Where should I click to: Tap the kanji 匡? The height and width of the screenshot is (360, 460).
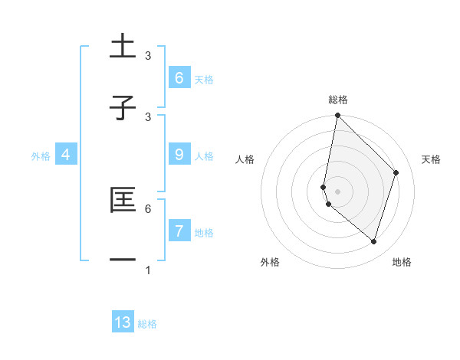[x=123, y=200]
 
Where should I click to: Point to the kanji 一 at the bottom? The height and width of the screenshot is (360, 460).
[x=123, y=261]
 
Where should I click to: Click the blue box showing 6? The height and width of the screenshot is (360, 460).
[x=179, y=77]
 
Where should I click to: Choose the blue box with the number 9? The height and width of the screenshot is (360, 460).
[x=179, y=155]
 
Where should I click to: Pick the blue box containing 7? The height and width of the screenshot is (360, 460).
[x=179, y=231]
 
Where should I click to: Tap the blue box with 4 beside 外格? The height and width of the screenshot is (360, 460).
[x=65, y=155]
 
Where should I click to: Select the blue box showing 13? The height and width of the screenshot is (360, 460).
[x=123, y=322]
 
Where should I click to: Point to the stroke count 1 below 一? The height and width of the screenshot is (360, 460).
[x=148, y=270]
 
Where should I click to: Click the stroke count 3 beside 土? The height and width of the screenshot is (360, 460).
[x=148, y=56]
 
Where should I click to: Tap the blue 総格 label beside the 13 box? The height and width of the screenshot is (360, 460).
[x=147, y=324]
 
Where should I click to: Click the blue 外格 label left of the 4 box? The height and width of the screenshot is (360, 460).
[x=41, y=155]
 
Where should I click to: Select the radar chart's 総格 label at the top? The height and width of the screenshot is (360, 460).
[x=337, y=100]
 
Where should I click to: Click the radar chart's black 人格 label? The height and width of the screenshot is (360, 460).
[x=245, y=159]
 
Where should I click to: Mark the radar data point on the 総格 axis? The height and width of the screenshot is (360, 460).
[x=337, y=116]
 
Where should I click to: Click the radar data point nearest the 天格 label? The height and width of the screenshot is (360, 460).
[x=396, y=172]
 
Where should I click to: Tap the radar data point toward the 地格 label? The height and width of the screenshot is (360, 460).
[x=373, y=241]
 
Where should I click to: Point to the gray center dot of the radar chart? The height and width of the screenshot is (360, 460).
[x=337, y=191]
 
